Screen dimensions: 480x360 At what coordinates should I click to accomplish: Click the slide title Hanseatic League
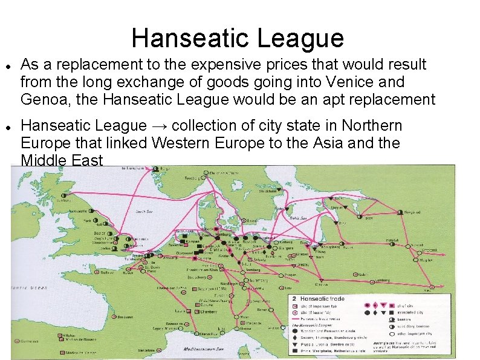[238, 38]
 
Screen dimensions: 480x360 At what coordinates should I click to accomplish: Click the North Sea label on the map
[144, 212]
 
